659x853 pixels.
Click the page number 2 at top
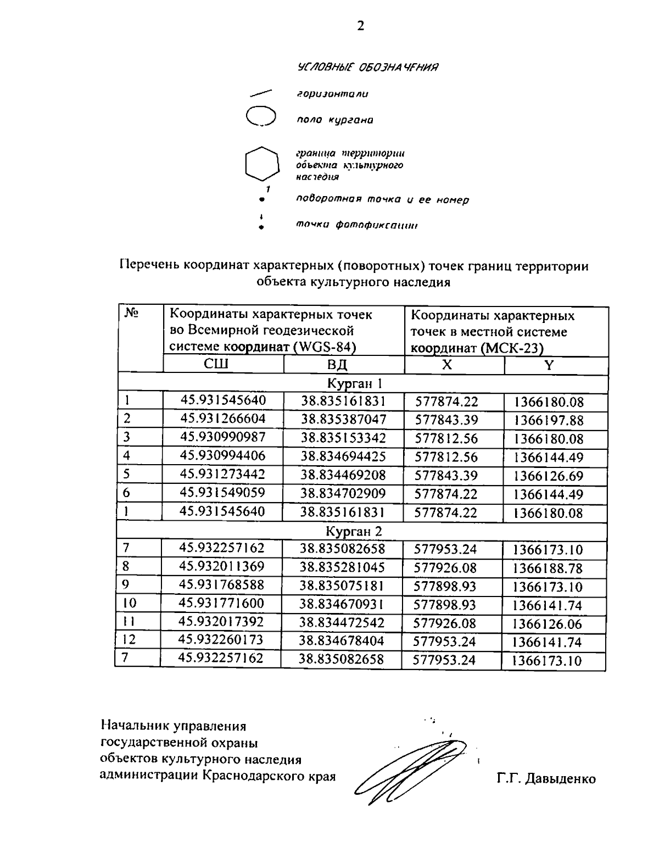coord(360,26)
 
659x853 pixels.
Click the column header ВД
coord(338,365)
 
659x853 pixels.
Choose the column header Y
coord(549,365)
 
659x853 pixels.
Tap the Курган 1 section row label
coord(362,383)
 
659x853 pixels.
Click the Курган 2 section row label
coord(362,531)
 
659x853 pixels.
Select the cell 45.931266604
coord(223,419)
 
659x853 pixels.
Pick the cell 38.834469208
coord(343,475)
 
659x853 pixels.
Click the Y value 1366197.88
coord(549,421)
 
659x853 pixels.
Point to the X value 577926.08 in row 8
coord(445,567)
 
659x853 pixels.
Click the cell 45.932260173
coord(221,640)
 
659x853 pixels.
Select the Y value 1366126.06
coord(548,624)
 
